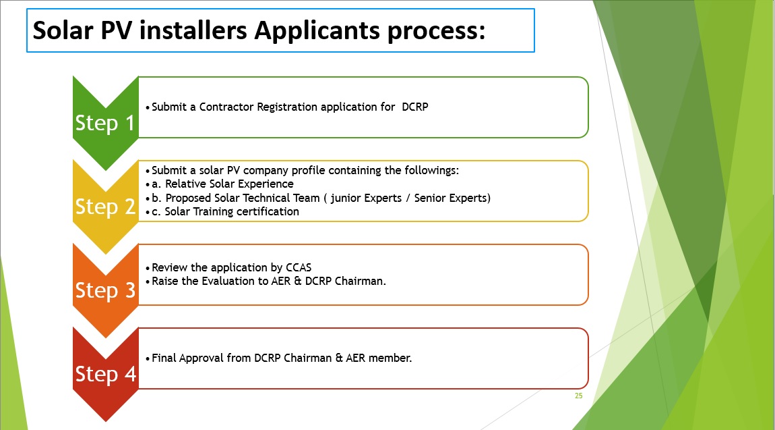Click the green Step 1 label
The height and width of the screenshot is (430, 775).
click(104, 123)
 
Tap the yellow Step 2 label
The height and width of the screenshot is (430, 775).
click(104, 207)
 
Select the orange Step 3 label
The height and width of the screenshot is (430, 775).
click(104, 290)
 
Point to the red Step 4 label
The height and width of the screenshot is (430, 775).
click(105, 373)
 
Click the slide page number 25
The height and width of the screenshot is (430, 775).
click(579, 396)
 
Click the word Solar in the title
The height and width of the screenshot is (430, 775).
click(63, 30)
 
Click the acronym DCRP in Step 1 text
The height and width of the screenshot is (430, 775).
click(414, 107)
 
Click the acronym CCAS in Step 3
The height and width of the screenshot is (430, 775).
click(299, 268)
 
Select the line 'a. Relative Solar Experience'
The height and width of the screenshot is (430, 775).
click(222, 184)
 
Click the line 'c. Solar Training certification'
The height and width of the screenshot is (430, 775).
click(225, 212)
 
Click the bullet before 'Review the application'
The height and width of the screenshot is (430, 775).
click(148, 268)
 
